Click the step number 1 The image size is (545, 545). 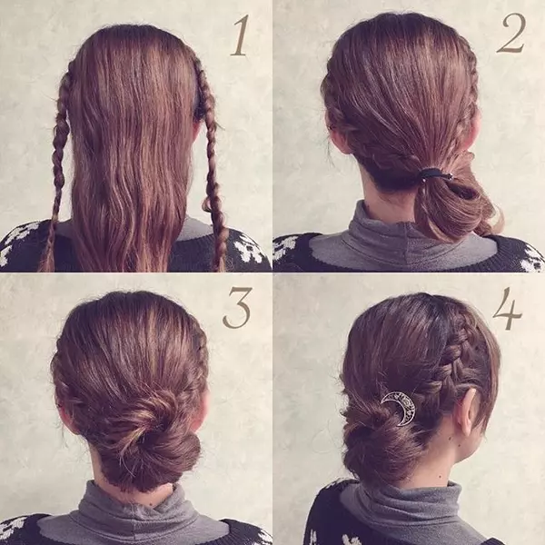pos(240,35)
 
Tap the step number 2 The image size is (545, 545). pos(511,33)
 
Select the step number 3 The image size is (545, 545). pos(237,308)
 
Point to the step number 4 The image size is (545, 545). pos(507,308)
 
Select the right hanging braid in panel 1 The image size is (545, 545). pos(211,163)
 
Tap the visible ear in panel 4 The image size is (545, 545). pos(468,411)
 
